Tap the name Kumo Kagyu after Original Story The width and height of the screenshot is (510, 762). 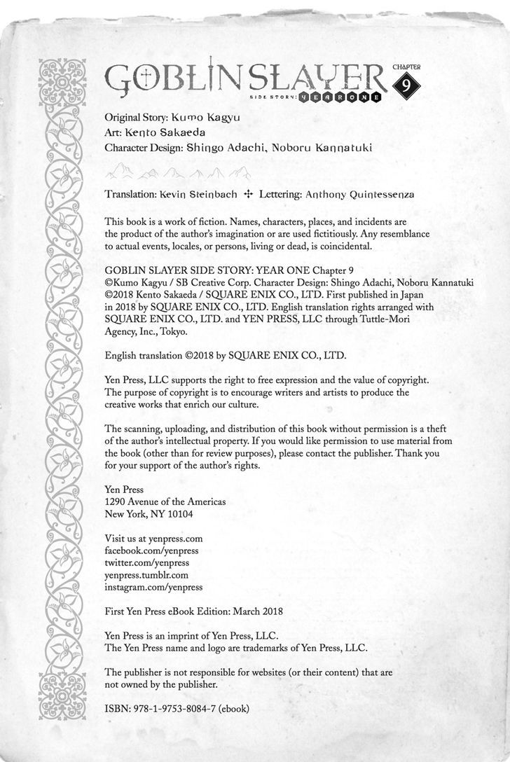click(x=211, y=118)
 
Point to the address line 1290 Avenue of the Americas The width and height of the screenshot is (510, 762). click(x=165, y=501)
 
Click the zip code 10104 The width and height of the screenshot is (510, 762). click(x=178, y=513)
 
